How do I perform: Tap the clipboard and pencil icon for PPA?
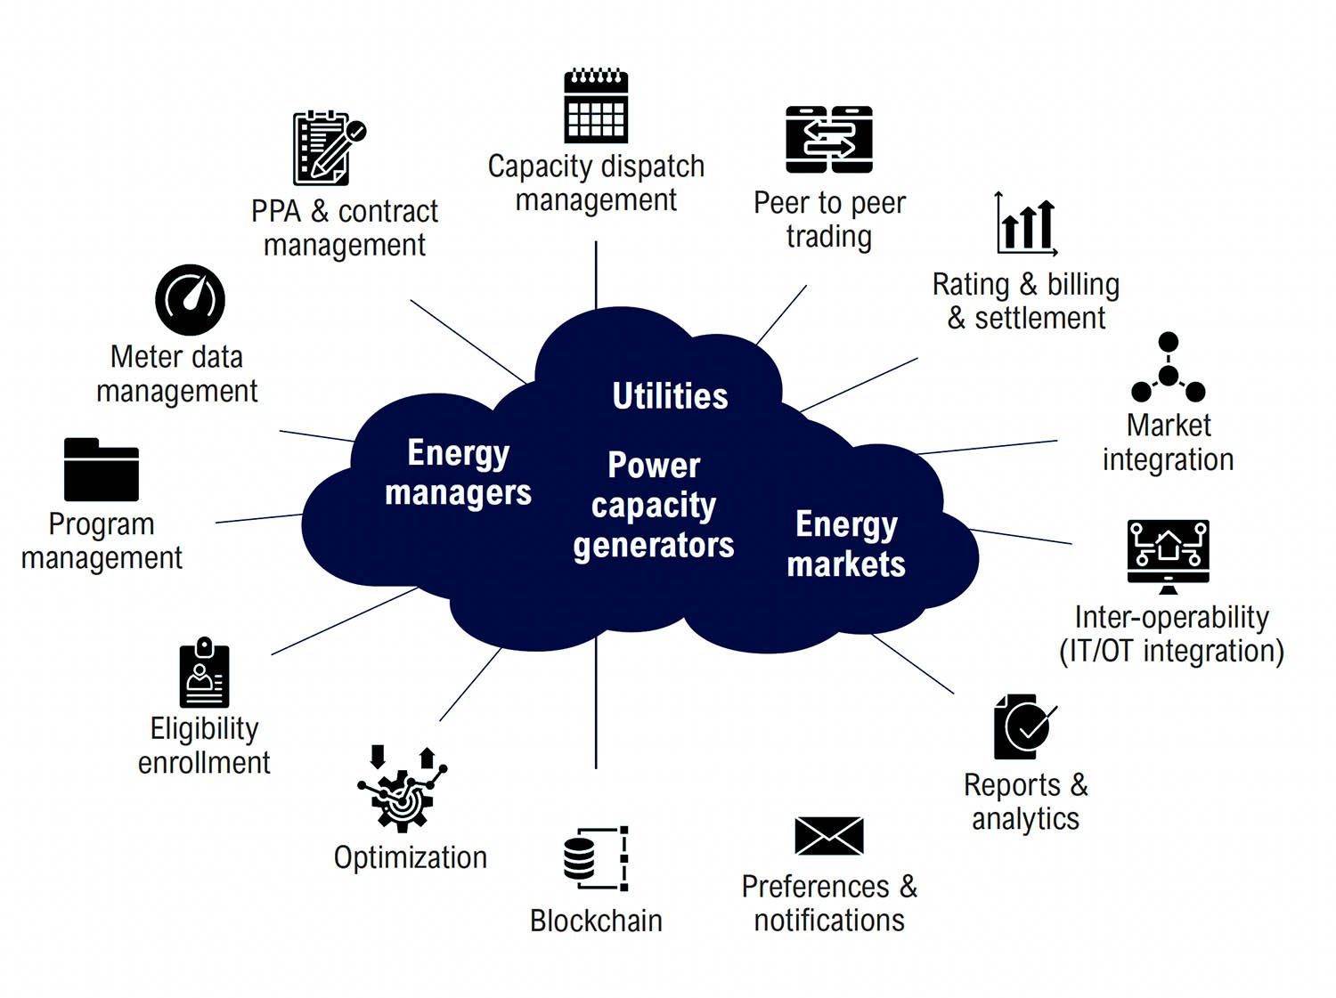point(330,149)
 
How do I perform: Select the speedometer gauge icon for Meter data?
point(190,300)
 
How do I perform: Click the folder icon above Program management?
point(101,469)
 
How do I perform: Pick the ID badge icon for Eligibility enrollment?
point(205,672)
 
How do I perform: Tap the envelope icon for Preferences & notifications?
point(829,836)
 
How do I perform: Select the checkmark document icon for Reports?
point(1025,726)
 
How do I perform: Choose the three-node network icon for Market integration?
point(1168,368)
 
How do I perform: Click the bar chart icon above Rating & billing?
point(1026,223)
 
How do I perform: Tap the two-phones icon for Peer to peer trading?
point(829,140)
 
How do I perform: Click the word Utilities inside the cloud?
point(670,396)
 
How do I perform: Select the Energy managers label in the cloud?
point(459,473)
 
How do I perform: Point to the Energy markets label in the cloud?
point(846,544)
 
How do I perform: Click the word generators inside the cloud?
point(654,546)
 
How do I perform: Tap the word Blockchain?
point(596,921)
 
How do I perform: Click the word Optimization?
point(411,858)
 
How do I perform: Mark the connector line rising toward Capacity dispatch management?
point(596,275)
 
